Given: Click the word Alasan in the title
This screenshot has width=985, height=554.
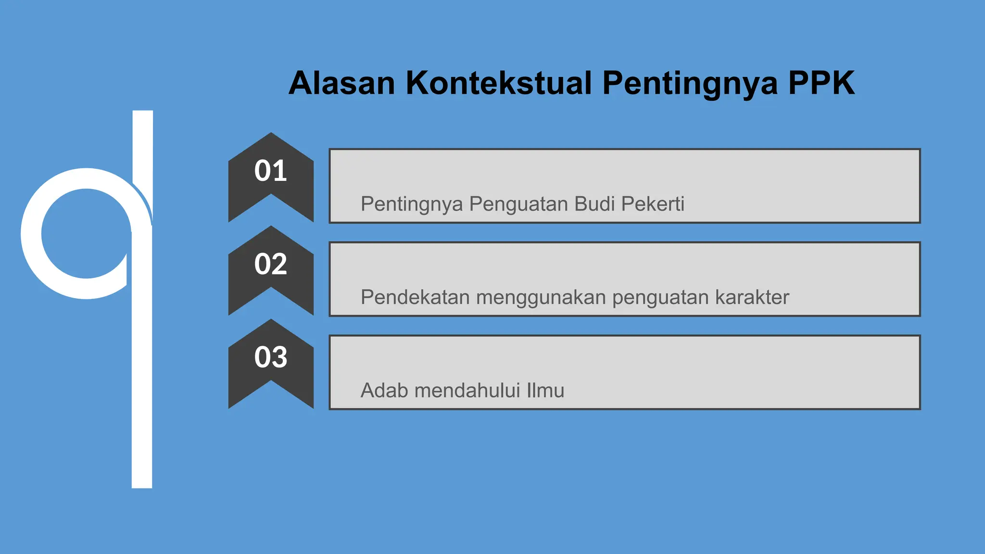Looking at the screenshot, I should (x=341, y=83).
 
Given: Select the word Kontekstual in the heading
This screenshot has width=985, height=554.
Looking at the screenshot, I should (x=499, y=83).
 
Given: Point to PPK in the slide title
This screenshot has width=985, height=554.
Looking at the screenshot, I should (x=821, y=83).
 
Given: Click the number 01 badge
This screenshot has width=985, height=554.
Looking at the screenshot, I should (x=271, y=171).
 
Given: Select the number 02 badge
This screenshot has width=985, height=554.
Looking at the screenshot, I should (x=271, y=264).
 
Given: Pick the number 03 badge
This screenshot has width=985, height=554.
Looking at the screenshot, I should (x=271, y=358).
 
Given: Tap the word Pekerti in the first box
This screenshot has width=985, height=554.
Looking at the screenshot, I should (x=653, y=204).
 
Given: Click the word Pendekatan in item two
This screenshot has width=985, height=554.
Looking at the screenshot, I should (x=415, y=297).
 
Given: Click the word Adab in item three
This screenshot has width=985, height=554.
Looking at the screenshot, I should (x=384, y=390).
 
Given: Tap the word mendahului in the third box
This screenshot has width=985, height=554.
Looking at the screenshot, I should (x=467, y=390).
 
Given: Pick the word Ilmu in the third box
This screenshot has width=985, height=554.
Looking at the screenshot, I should (x=545, y=390).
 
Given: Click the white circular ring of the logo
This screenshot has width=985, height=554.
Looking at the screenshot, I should (x=32, y=234).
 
